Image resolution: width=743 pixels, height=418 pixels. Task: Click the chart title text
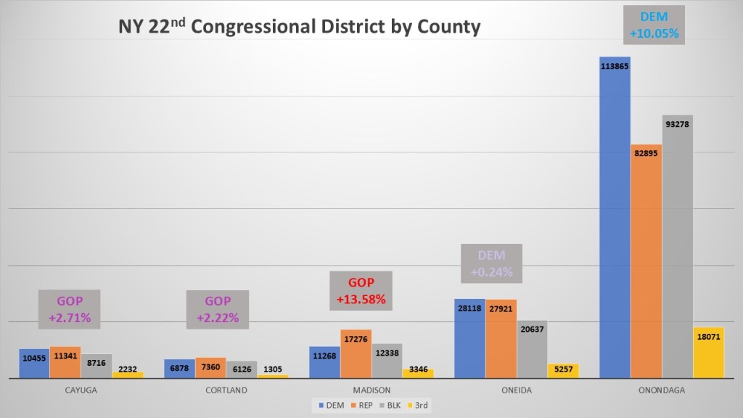pos(299,27)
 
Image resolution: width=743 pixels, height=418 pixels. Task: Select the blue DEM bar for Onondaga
pos(615,218)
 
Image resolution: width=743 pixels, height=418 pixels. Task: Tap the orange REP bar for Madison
pos(356,356)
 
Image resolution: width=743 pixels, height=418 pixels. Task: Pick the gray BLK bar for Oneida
pos(532,352)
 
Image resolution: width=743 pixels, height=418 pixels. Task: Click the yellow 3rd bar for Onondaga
pos(708,356)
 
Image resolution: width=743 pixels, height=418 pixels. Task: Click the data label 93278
pos(677,124)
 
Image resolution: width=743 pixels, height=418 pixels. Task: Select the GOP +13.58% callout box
pos(361,291)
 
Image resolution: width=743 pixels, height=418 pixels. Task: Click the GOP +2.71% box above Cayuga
pos(69,309)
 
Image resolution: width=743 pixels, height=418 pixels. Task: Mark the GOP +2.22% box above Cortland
pos(217,309)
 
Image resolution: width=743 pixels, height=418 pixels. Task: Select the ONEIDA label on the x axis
pos(516,390)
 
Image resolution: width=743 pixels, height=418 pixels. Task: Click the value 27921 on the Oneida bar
pos(501,309)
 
